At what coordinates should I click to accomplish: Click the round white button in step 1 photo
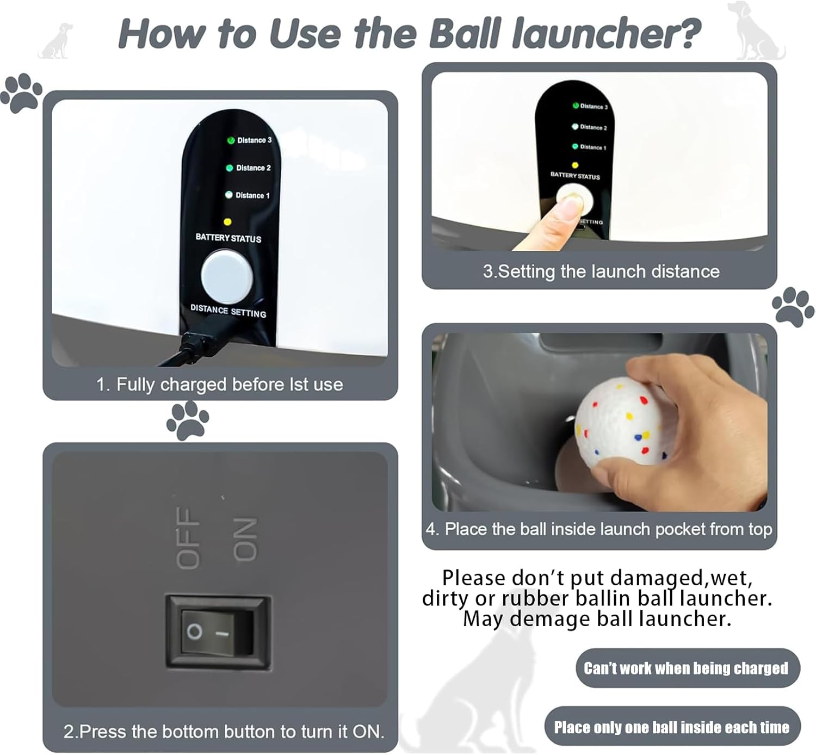point(227,276)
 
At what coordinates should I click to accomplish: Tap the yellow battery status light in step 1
point(227,222)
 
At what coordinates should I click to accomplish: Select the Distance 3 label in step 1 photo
point(254,140)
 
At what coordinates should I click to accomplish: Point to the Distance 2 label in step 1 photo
point(253,168)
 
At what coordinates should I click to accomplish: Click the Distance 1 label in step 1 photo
point(252,195)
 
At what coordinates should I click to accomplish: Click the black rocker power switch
point(217,631)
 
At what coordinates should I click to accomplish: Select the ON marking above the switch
point(244,539)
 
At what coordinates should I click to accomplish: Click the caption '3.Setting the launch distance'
point(601,271)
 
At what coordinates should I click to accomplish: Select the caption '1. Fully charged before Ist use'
point(219,385)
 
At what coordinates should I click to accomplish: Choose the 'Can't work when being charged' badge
point(687,668)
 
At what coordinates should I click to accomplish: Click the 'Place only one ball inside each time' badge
point(672,727)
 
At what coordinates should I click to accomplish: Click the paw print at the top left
point(22,94)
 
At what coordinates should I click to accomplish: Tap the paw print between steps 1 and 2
point(188,420)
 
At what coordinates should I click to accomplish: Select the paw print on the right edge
point(793,307)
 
